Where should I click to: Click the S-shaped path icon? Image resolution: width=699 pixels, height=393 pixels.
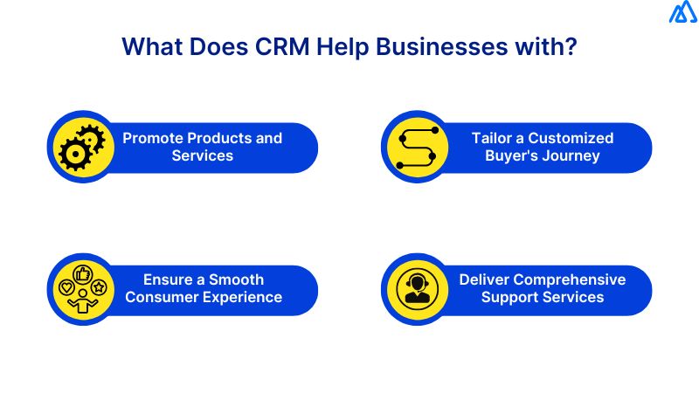pyautogui.click(x=417, y=147)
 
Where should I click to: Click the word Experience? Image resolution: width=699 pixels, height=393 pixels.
pyautogui.click(x=244, y=297)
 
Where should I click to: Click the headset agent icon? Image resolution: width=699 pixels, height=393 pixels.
pyautogui.click(x=417, y=289)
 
